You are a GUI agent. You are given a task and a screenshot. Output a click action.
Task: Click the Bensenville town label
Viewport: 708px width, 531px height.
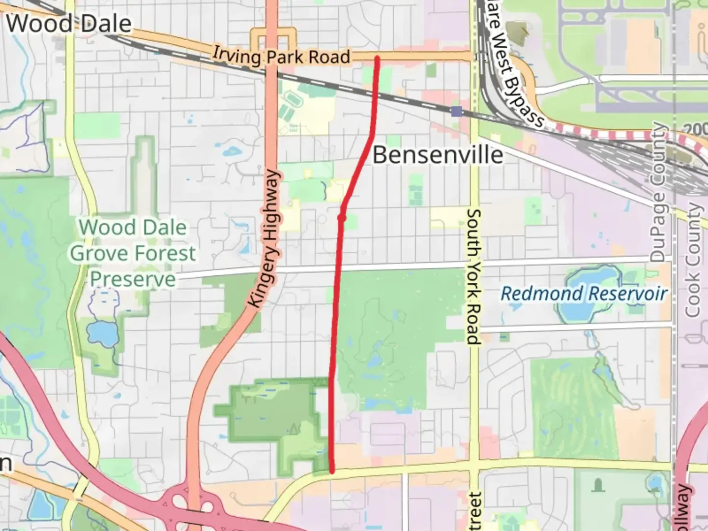438,155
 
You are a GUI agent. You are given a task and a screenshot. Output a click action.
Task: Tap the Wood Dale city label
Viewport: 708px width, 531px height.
69,24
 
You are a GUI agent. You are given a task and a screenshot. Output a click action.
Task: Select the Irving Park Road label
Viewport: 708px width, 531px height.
281,56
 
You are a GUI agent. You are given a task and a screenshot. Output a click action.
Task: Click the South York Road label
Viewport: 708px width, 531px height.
473,276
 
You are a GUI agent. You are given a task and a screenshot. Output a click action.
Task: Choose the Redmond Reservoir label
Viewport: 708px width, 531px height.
584,294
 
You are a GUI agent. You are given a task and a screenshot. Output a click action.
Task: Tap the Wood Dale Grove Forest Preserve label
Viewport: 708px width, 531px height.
133,253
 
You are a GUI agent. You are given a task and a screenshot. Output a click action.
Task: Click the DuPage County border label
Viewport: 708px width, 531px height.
658,192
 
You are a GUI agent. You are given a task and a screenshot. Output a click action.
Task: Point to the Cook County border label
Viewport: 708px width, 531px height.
693,261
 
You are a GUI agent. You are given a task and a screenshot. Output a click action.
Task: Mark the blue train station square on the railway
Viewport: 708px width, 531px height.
457,112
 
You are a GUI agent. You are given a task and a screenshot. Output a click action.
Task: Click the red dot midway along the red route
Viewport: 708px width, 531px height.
342,217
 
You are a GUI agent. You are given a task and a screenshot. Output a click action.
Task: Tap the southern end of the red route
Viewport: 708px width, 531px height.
332,471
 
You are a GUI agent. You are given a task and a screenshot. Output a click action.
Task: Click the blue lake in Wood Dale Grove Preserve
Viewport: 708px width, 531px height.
102,333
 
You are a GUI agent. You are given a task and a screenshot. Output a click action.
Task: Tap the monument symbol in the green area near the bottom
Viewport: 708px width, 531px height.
598,486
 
